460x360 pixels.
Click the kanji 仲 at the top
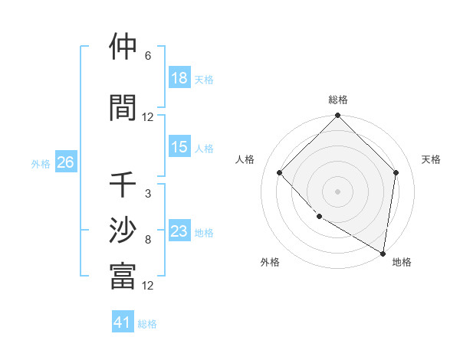123,47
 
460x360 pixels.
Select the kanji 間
123,108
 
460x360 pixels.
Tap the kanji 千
123,185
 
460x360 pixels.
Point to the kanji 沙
123,231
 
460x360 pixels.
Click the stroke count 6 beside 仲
148,56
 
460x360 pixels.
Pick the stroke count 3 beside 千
148,194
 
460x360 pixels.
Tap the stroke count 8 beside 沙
148,240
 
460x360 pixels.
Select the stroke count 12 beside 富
148,286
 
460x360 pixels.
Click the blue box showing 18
179,78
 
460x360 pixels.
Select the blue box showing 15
179,147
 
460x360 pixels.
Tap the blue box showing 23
179,231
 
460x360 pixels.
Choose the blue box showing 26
65,162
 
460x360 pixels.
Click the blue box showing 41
123,322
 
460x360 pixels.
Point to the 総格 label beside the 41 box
147,324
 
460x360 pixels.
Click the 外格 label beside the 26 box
40,163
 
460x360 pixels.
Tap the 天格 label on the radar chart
431,159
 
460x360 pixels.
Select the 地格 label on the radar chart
402,263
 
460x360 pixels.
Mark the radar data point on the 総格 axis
337,116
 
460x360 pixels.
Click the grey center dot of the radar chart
337,191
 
